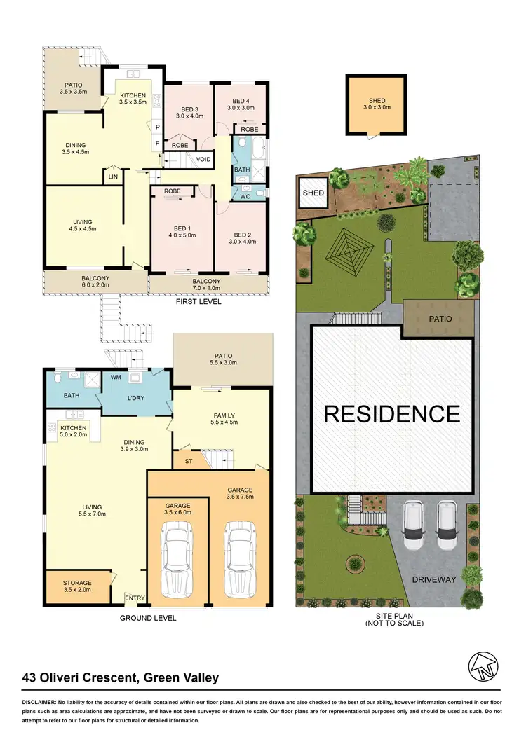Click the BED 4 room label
click(x=240, y=104)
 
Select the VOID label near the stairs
click(x=204, y=159)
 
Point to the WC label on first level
click(x=245, y=196)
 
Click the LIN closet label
click(x=113, y=177)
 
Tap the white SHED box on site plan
click(x=313, y=193)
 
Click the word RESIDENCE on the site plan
click(x=392, y=413)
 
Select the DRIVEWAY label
click(x=434, y=579)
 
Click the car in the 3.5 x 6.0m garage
click(x=177, y=558)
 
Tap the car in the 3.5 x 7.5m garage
click(x=238, y=558)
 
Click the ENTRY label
click(x=134, y=598)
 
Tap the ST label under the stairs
click(x=189, y=461)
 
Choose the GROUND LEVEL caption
click(x=147, y=618)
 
